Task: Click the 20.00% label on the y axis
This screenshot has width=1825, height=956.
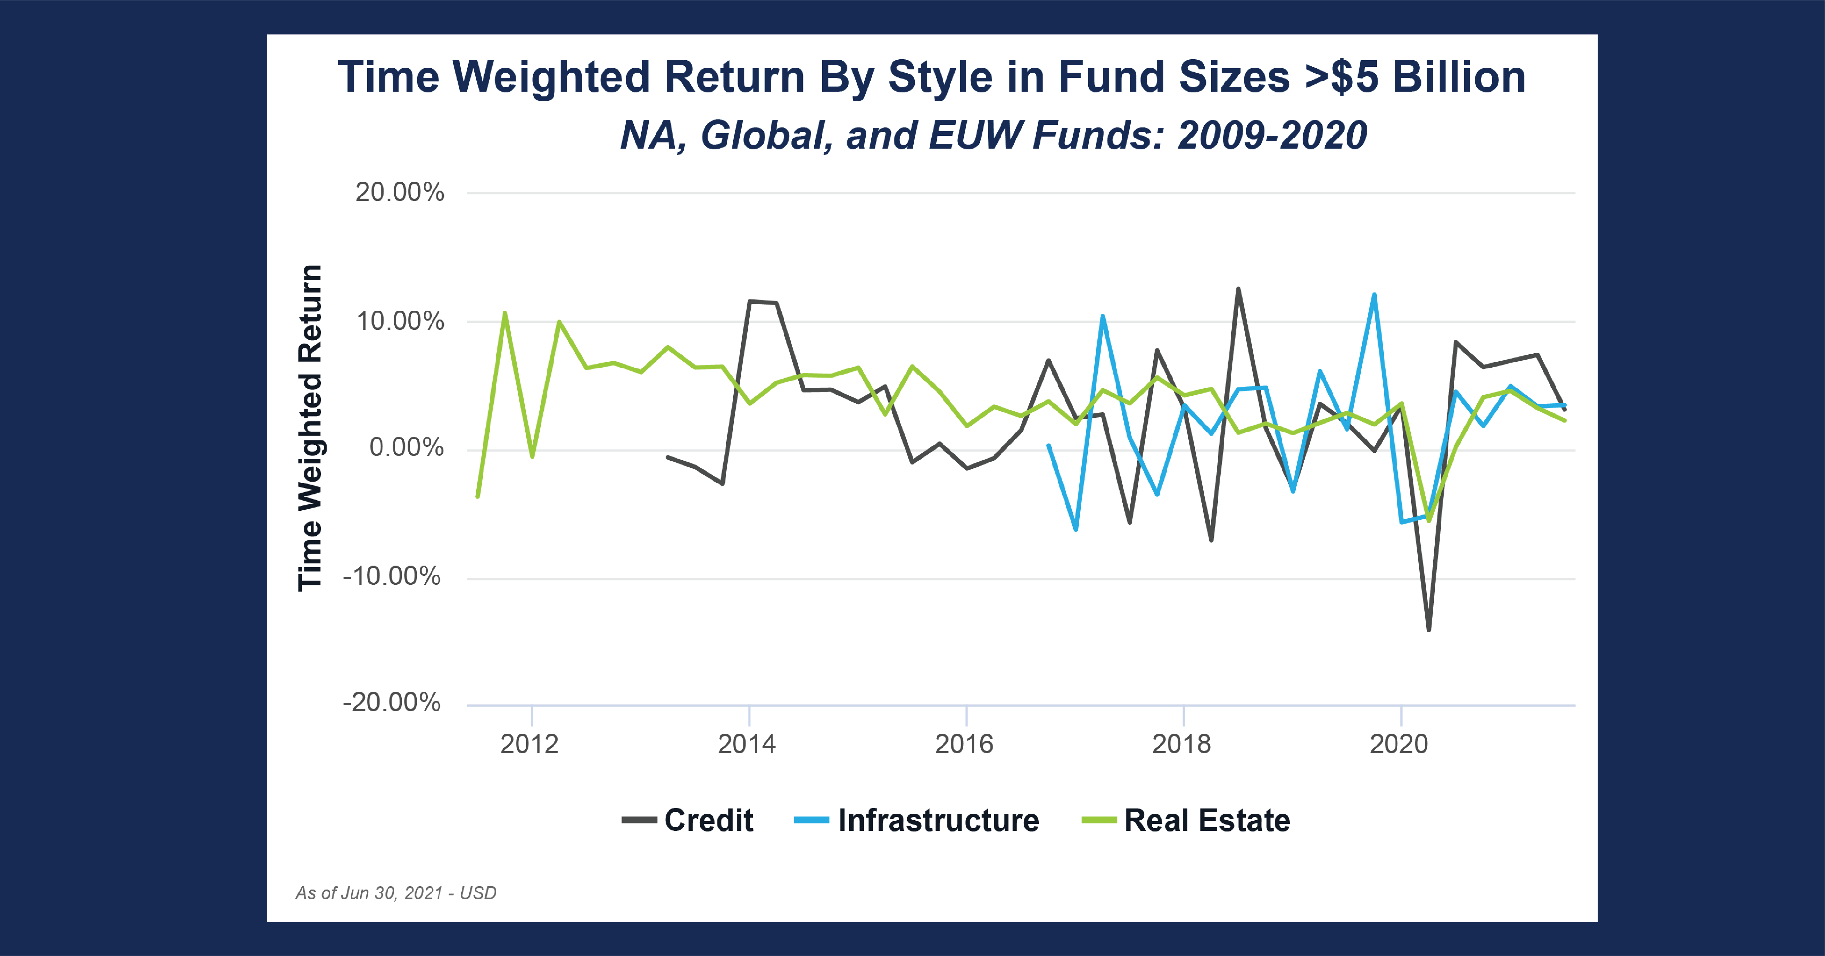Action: point(400,192)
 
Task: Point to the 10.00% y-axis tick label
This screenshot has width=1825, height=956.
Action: point(400,321)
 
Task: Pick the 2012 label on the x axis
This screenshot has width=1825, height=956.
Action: point(529,744)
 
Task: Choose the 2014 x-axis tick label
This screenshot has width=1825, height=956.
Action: point(747,744)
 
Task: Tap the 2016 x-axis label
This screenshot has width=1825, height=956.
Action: point(964,744)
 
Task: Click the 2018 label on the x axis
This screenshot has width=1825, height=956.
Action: point(1182,744)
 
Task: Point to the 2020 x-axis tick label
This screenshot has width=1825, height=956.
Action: point(1399,744)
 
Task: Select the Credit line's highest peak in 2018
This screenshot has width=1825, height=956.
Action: point(1239,288)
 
